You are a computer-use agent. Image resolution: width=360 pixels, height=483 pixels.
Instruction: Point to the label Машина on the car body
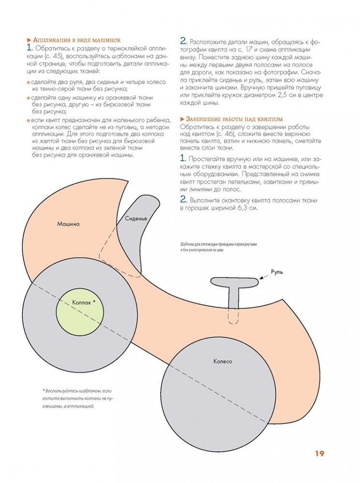tap(68, 224)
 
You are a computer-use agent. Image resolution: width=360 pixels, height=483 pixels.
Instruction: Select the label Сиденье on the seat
tap(136, 218)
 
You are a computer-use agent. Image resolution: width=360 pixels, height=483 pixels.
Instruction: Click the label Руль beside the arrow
tap(277, 272)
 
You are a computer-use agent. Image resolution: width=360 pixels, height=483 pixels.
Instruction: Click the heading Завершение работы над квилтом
tap(234, 118)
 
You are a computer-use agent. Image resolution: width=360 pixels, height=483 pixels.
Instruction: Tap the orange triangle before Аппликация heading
tap(29, 40)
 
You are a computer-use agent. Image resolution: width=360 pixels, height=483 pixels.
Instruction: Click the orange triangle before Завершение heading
tap(182, 118)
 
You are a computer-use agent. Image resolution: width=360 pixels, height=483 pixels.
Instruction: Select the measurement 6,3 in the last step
tap(238, 208)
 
